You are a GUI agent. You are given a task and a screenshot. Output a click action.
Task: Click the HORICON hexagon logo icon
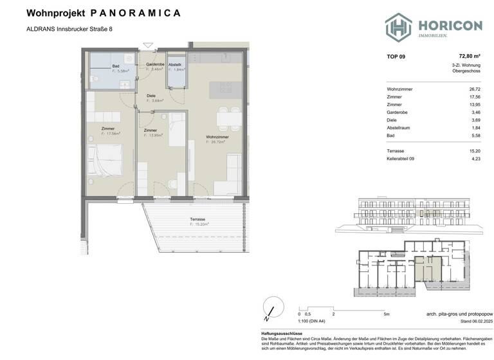click(398, 28)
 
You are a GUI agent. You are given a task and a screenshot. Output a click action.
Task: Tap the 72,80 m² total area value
click(469, 57)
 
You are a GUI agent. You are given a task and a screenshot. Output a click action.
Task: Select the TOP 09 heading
click(396, 57)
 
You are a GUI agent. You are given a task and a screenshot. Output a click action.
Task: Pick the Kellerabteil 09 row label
click(402, 159)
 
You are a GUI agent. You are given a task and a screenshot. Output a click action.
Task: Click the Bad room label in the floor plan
click(116, 66)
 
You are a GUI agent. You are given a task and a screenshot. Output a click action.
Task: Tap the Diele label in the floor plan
click(151, 96)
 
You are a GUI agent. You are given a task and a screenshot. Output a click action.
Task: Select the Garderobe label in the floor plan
click(154, 65)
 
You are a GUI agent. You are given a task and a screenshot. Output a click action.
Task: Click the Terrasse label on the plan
click(197, 219)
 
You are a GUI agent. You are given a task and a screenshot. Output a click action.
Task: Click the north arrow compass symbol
click(271, 307)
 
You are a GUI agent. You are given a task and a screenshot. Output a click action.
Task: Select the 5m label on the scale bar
click(384, 314)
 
